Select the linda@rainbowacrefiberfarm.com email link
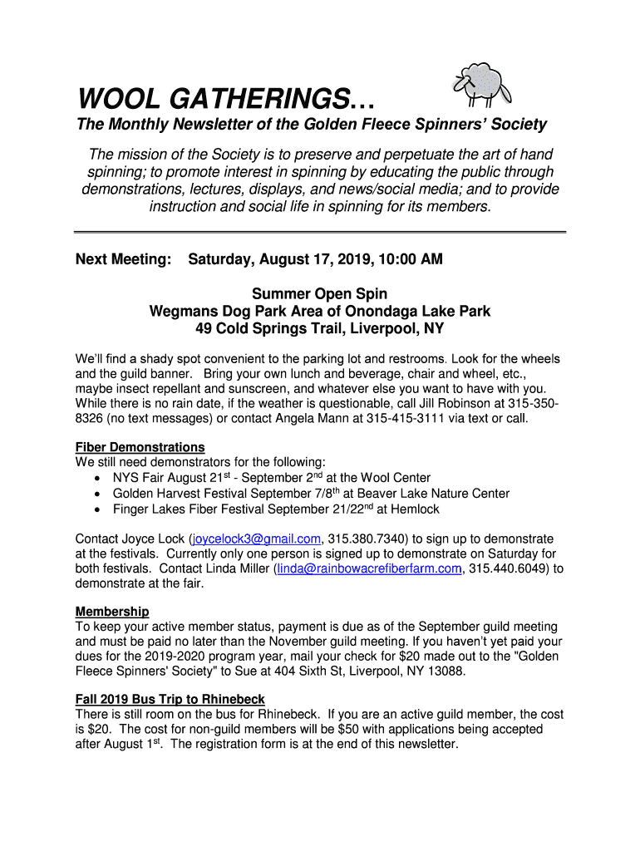(x=368, y=568)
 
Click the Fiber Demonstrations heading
(x=140, y=447)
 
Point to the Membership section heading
(x=112, y=612)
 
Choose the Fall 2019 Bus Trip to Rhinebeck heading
(x=170, y=699)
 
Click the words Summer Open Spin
(x=319, y=294)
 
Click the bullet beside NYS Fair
(x=99, y=479)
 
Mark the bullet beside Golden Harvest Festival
(x=99, y=494)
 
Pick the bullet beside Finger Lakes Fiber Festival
(x=99, y=509)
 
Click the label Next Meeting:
(x=123, y=260)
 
